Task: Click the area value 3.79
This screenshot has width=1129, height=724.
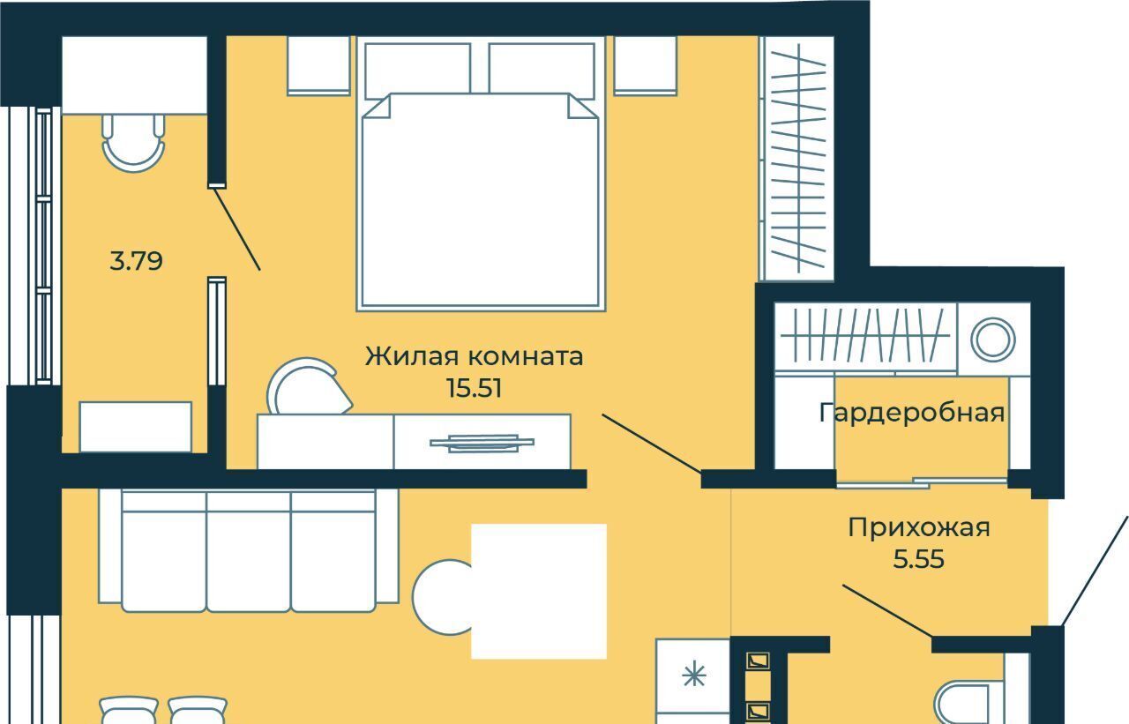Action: tap(136, 262)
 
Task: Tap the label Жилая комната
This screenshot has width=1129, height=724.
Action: tap(475, 356)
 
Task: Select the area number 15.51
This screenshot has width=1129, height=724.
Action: tap(475, 388)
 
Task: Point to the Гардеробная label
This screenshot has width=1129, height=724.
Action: tap(912, 413)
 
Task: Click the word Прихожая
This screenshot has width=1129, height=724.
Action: tap(919, 528)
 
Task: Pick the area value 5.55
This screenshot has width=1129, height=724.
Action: tap(919, 559)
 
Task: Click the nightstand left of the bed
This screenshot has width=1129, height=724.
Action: tap(318, 65)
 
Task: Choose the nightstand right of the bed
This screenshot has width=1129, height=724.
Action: tap(645, 65)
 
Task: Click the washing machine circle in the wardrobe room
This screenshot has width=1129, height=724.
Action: tap(993, 340)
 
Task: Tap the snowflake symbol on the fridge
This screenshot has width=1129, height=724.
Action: tap(694, 675)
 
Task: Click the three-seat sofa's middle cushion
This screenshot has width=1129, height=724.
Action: tap(249, 552)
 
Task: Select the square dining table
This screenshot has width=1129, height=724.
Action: tap(539, 591)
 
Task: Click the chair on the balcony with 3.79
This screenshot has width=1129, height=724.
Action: tap(133, 143)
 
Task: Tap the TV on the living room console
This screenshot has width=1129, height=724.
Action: tap(482, 443)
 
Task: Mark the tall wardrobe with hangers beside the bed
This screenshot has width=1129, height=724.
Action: tap(796, 158)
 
